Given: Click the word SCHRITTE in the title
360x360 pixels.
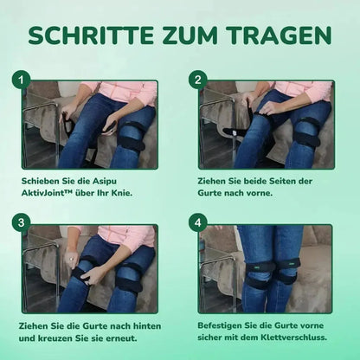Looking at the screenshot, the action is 91,35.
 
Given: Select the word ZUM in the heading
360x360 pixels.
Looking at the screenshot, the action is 191,35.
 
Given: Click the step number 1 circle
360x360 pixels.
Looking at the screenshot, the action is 21,80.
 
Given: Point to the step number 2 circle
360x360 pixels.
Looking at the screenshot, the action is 197,80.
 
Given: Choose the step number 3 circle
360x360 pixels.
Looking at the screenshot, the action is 21,223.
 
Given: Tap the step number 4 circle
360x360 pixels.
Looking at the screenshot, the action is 197,223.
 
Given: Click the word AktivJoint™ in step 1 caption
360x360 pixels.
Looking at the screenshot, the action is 47,193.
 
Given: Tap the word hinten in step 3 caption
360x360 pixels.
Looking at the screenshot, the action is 147,326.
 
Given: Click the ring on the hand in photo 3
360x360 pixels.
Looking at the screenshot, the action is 71,260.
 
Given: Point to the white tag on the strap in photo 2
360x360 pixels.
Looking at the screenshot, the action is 235,133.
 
